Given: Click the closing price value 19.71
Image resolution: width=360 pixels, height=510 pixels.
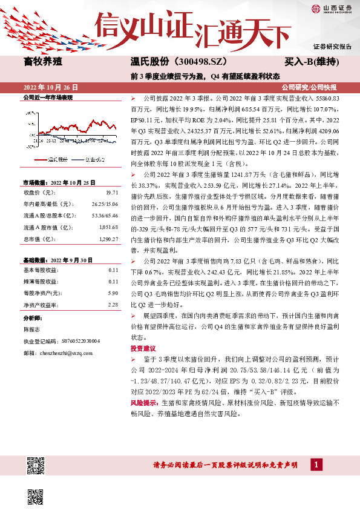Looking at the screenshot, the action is [x=113, y=191].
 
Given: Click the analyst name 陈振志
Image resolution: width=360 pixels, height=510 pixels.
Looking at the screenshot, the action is [x=31, y=330].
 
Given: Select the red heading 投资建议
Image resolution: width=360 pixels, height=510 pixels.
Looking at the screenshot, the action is [x=143, y=348].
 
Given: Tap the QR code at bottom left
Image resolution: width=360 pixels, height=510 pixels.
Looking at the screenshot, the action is [x=36, y=466].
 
